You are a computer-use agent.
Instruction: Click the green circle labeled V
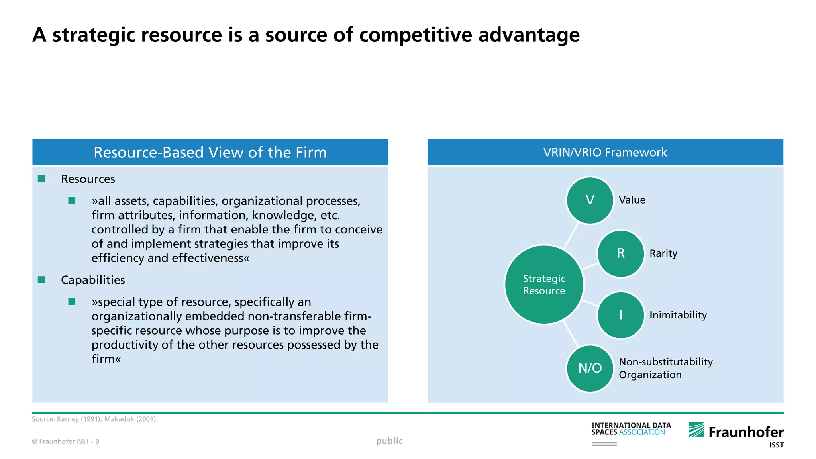590,200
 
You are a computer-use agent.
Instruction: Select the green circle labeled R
620,253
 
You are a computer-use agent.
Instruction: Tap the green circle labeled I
620,315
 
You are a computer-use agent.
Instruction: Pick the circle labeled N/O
590,368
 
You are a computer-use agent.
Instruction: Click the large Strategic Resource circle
544,284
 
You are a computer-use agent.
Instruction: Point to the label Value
632,200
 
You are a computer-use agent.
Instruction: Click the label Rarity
663,253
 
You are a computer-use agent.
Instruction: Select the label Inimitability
678,315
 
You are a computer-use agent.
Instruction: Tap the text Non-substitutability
665,362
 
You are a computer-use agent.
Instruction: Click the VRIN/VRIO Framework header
605,152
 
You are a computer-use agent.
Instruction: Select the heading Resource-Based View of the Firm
210,152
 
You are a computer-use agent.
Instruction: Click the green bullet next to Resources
41,179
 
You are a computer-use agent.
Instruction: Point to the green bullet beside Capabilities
41,280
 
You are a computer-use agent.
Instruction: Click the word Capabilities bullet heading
93,280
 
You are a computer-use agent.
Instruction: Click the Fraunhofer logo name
745,432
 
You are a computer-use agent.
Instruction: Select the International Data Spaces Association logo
631,429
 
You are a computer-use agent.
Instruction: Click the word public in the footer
389,441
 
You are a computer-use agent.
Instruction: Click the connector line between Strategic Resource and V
571,235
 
